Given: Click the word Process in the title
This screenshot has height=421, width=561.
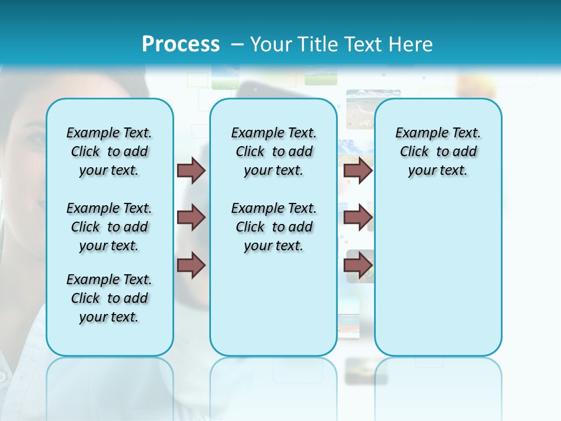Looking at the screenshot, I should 181,44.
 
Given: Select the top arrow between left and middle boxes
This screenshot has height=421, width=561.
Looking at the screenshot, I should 191,170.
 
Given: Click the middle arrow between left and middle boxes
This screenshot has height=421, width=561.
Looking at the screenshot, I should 191,218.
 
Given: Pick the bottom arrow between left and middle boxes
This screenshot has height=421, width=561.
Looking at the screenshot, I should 191,265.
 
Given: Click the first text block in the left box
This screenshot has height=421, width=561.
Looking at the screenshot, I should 109,151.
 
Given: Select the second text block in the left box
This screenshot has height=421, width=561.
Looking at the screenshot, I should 109,227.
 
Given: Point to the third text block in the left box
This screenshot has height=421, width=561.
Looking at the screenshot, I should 109,298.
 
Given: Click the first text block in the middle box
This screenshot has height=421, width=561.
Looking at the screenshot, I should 273,151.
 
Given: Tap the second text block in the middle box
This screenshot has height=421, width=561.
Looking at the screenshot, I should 273,227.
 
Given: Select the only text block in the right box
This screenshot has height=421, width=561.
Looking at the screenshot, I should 438,151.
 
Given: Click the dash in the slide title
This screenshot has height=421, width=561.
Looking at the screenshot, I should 237,45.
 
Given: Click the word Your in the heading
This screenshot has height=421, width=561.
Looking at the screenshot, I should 272,44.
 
